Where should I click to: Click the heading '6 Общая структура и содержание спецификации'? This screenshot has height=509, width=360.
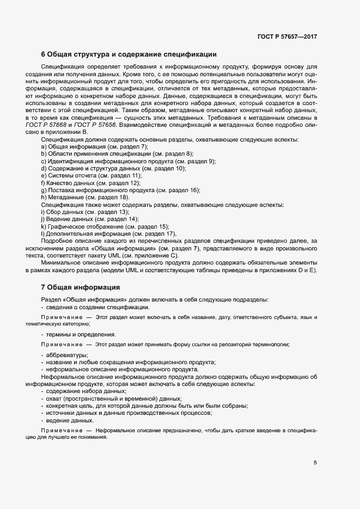129,54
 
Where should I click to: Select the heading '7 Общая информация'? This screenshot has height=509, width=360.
81,287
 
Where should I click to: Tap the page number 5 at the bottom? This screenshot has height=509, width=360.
315,463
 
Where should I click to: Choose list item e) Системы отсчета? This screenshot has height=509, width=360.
91,176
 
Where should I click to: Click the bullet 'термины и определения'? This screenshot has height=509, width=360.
78,334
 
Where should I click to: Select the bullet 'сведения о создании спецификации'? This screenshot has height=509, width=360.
95,308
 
